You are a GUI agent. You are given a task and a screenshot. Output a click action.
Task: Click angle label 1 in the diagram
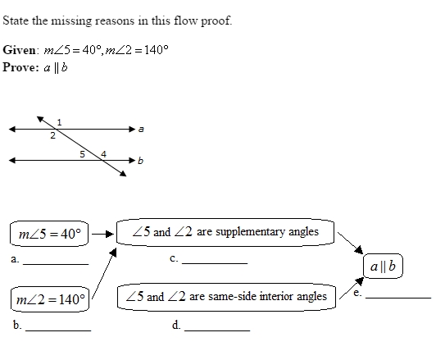coord(59,122)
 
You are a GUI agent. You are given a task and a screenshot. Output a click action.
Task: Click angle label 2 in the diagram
coord(52,135)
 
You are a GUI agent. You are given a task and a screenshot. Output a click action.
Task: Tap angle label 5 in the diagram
coord(82,154)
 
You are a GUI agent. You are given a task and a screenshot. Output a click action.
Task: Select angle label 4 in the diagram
coord(103,154)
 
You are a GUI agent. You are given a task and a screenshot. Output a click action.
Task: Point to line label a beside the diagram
coord(141,130)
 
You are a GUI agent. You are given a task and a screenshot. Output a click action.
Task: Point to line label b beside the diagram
coord(140,161)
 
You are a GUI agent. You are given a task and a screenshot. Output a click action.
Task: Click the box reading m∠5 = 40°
coord(49,234)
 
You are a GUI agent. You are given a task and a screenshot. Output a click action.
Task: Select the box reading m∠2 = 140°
coord(50,299)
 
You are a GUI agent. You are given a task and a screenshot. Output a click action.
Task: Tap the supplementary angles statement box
coord(225,232)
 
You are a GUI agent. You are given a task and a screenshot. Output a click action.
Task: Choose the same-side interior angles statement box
coord(226,297)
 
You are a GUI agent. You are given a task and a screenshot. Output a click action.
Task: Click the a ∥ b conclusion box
coord(383,266)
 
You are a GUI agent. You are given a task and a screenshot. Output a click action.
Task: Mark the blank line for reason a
coord(56,265)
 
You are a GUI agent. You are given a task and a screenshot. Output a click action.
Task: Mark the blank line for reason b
coord(58,330)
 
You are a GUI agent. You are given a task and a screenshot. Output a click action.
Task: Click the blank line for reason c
coord(215,264)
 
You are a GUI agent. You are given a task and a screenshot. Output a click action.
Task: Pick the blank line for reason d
coord(217,330)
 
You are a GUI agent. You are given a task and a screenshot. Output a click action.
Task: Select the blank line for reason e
coord(398,298)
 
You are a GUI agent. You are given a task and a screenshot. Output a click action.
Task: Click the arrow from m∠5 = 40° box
coord(102,235)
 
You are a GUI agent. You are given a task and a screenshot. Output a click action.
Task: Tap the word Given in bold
coord(19,50)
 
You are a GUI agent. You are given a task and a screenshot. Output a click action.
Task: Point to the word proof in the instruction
coord(216,21)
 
